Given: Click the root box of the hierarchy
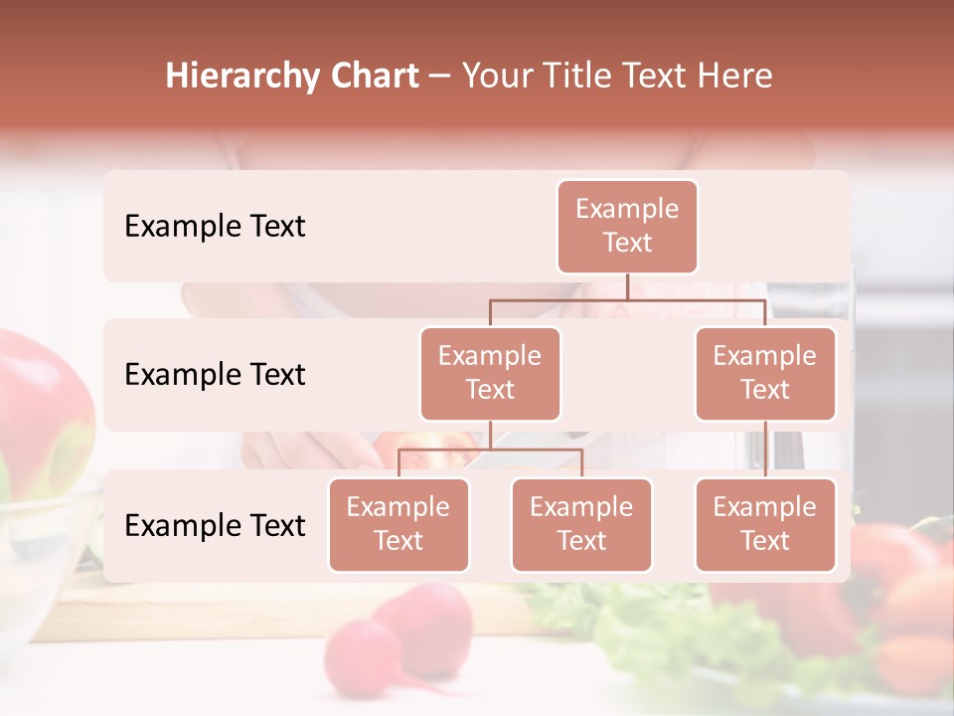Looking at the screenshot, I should click(627, 226).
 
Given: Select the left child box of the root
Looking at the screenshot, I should click(490, 373).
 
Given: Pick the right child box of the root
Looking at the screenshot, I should click(765, 373).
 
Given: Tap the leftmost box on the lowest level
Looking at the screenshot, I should click(398, 524).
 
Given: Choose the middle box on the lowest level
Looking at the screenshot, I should click(581, 524).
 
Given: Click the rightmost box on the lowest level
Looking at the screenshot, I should click(765, 524).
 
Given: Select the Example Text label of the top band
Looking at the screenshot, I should click(215, 226).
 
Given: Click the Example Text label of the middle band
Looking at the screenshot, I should click(215, 374).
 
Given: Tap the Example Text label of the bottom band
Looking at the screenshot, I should click(215, 525).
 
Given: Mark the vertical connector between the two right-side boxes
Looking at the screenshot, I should click(765, 449).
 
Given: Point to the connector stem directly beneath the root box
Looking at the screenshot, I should click(627, 286).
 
